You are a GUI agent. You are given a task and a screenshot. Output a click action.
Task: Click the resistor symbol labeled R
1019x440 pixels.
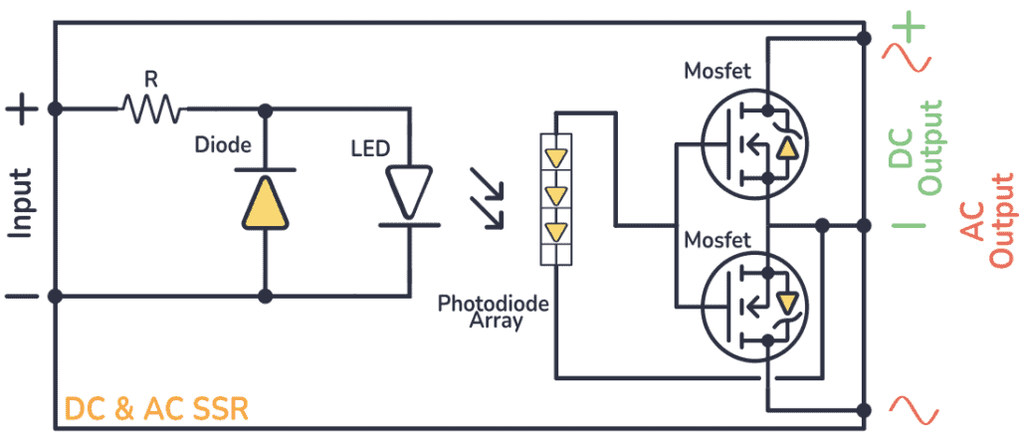click(x=150, y=108)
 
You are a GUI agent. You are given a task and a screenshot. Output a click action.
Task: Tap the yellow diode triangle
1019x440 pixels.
click(x=265, y=201)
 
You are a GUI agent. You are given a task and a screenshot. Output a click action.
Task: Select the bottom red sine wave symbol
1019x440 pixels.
click(x=912, y=409)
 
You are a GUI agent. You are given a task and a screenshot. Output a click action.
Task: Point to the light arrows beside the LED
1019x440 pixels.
click(x=487, y=199)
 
